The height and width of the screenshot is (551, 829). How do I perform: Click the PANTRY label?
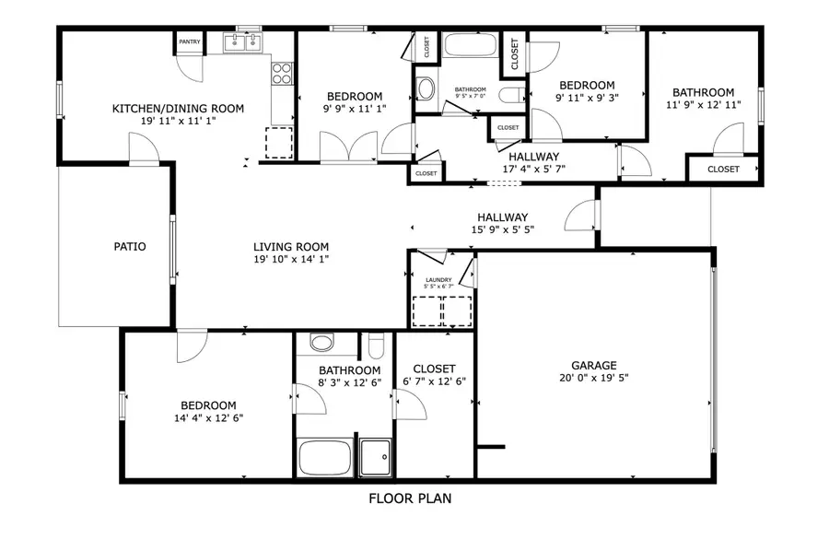click(189, 41)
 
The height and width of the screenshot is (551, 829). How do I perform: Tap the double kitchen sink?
click(243, 42)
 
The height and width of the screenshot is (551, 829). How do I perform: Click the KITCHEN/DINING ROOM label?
click(178, 109)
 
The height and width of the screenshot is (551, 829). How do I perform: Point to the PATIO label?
click(130, 246)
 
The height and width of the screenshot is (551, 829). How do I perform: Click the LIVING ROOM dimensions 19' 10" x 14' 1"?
click(291, 260)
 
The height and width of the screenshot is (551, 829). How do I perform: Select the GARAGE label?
click(593, 365)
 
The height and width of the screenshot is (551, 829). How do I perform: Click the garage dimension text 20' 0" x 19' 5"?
click(593, 378)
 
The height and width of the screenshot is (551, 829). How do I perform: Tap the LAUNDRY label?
click(438, 280)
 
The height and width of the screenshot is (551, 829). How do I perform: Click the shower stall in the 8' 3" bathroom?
click(374, 457)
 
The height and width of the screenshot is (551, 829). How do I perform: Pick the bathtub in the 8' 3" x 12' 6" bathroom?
click(322, 457)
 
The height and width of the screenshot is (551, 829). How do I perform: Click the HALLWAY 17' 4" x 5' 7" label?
click(534, 157)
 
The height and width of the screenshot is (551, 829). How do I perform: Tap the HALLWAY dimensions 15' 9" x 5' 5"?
click(503, 229)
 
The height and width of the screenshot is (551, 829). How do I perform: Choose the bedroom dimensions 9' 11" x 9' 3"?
click(587, 97)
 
